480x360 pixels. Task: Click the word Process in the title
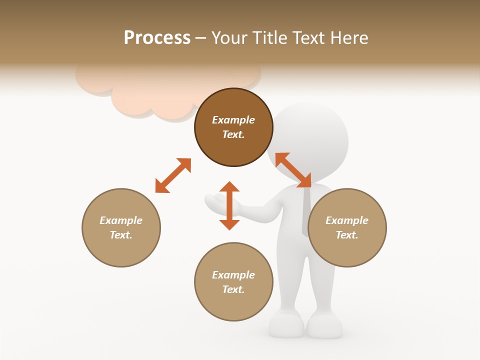[157, 38]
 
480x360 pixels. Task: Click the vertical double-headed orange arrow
[229, 205]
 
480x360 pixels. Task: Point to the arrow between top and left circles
[173, 175]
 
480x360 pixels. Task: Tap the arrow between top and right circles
[293, 170]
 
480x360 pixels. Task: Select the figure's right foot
[324, 326]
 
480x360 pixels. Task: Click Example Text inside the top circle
[233, 127]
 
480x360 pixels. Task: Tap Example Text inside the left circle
[121, 228]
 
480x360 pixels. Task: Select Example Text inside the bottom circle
[233, 282]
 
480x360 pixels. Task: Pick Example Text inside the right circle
[347, 228]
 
